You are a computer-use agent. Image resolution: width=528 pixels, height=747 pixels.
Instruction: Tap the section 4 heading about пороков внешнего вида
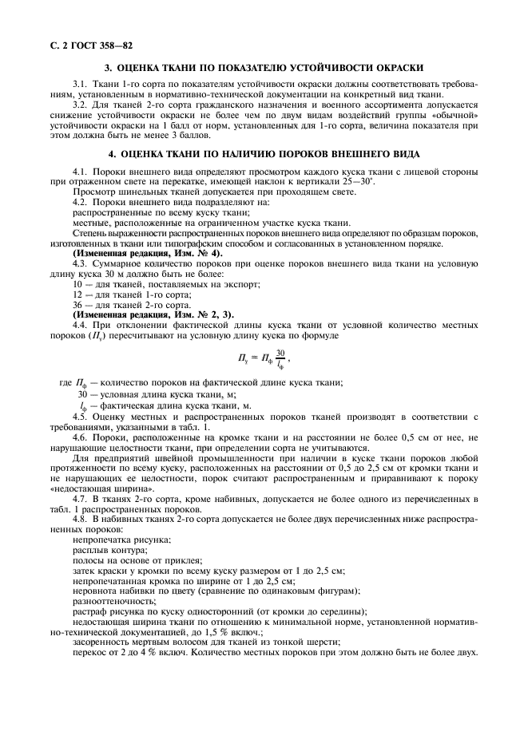264,153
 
